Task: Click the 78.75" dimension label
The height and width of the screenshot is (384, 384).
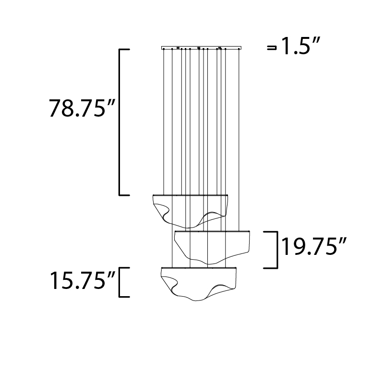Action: (82, 108)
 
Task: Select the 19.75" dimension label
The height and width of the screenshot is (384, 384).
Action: (314, 246)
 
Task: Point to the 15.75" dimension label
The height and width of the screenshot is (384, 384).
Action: (83, 281)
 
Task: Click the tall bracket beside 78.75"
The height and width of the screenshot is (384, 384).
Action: (120, 122)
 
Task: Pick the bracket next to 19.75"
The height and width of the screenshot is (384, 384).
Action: (277, 250)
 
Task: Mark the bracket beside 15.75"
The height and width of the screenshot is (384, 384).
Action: (120, 282)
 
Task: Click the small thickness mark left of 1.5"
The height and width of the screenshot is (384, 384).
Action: (272, 48)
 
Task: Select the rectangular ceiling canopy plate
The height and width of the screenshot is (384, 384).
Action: (201, 48)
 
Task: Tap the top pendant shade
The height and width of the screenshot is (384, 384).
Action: (190, 211)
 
